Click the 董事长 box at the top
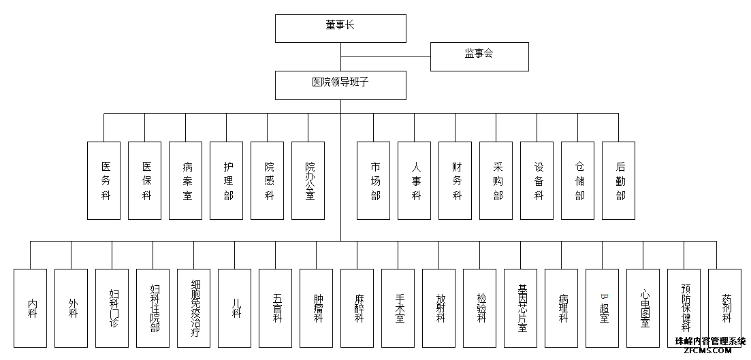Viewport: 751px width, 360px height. pyautogui.click(x=340, y=29)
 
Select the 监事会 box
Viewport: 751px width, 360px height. pyautogui.click(x=479, y=56)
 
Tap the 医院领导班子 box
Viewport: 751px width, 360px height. pyautogui.click(x=340, y=85)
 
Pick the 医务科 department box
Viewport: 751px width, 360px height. pyautogui.click(x=103, y=180)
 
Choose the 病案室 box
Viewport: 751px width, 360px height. pyautogui.click(x=185, y=180)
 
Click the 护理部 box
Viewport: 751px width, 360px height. pyautogui.click(x=227, y=180)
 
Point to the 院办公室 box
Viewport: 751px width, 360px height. pyautogui.click(x=308, y=180)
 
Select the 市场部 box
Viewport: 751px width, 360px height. pyautogui.click(x=374, y=180)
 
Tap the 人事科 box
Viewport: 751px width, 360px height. pyautogui.click(x=414, y=180)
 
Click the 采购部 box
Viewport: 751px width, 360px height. pyautogui.click(x=496, y=180)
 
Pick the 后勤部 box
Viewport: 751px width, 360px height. pyautogui.click(x=619, y=180)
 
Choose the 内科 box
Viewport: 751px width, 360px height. pyautogui.click(x=30, y=308)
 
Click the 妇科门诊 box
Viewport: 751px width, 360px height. pyautogui.click(x=112, y=308)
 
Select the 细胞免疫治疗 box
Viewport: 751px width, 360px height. pyautogui.click(x=193, y=308)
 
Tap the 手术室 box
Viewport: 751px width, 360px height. pyautogui.click(x=398, y=308)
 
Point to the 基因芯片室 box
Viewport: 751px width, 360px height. pyautogui.click(x=521, y=308)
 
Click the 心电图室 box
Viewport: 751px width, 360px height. pyautogui.click(x=643, y=308)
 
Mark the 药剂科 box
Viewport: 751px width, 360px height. pyautogui.click(x=724, y=308)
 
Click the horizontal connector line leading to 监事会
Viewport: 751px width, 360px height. pyautogui.click(x=385, y=57)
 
